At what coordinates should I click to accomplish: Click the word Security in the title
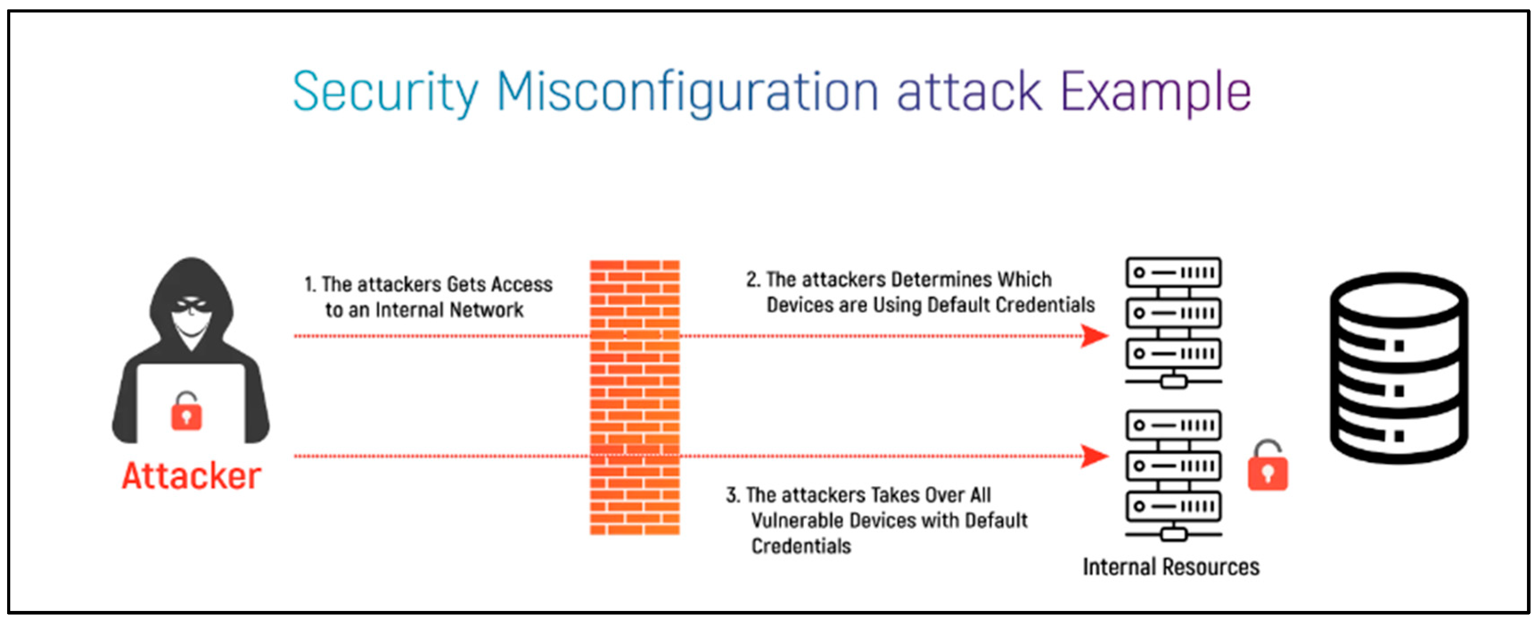[x=386, y=93]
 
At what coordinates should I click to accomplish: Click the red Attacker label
[x=191, y=477]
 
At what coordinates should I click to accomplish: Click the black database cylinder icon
[x=1399, y=368]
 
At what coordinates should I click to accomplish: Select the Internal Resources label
[x=1171, y=567]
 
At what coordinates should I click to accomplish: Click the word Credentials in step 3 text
[x=800, y=546]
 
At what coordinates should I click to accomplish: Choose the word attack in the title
[x=969, y=93]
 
